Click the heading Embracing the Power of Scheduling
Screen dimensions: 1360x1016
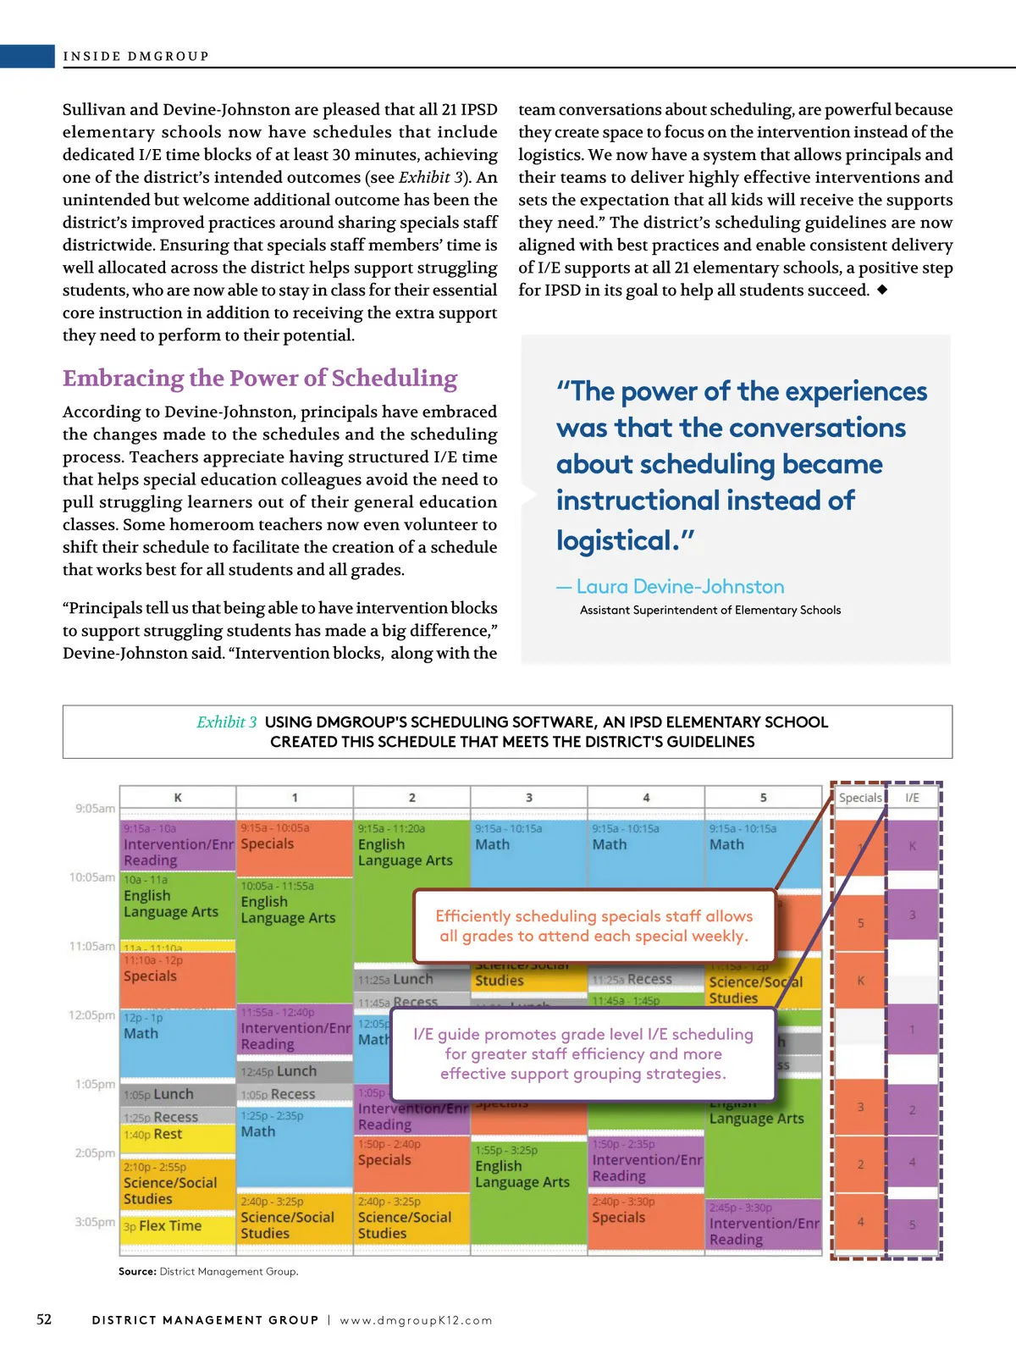coord(260,378)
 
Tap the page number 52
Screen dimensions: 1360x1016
coord(44,1319)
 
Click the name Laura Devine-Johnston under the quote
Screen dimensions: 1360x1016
coord(680,586)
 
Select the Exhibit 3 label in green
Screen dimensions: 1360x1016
coord(226,721)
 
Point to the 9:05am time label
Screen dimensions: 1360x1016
coord(95,808)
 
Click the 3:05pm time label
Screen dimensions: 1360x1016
coord(95,1222)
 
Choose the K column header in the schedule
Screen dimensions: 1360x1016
coord(178,797)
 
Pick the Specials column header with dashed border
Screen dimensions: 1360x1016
coord(859,797)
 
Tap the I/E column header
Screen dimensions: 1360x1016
coord(912,797)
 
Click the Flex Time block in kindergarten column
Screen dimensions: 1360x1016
coord(170,1225)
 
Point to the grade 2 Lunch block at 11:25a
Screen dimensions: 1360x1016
coord(412,979)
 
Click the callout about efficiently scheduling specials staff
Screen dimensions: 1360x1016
coord(594,926)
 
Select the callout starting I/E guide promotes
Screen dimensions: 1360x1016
coord(583,1053)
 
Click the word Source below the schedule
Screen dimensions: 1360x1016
coord(137,1271)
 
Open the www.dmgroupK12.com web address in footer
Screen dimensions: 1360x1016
coord(416,1320)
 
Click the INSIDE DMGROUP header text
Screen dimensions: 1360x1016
coord(135,56)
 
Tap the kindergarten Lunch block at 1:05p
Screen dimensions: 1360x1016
coord(173,1094)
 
